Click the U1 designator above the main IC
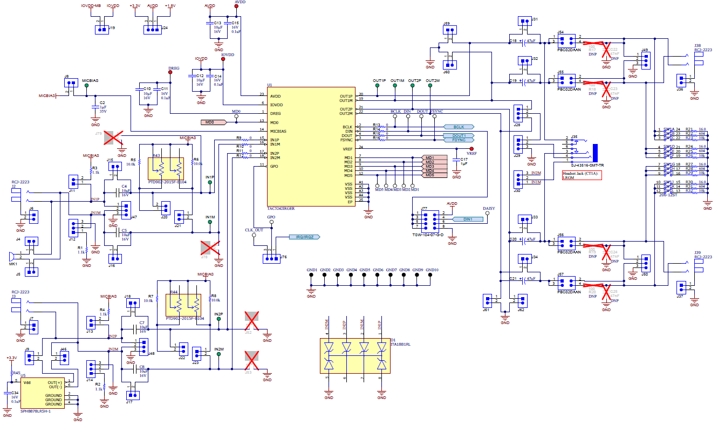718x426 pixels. coord(269,85)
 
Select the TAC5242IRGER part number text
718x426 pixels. coord(282,208)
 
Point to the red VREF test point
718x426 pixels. coord(471,148)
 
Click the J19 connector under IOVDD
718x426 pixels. coord(101,30)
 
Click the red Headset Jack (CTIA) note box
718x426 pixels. coord(582,175)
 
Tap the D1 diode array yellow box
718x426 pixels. coord(354,356)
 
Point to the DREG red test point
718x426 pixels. coord(170,73)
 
